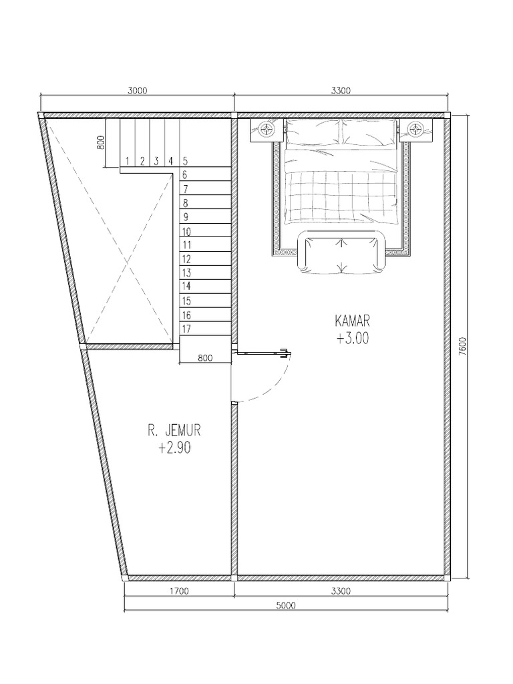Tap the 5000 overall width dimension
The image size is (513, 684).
[x=285, y=606]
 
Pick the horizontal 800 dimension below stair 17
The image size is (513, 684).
[x=205, y=358]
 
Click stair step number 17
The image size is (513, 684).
[x=186, y=329]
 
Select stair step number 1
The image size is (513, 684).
[x=126, y=160]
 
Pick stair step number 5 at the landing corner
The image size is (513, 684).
[x=184, y=160]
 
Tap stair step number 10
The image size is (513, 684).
[x=186, y=231]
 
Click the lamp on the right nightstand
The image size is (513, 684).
[x=415, y=128]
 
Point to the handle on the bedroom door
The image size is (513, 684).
[x=285, y=351]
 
